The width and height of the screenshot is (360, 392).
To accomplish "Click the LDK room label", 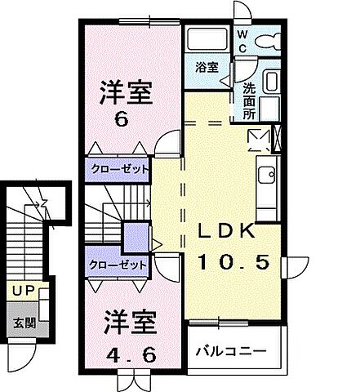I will coord(230,233).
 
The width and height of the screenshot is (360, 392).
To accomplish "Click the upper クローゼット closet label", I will coord(120,169).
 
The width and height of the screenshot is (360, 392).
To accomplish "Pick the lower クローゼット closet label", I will coord(120,265).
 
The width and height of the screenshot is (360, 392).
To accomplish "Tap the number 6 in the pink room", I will coord(121,119).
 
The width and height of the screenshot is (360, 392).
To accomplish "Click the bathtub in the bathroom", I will coord(207,38).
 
